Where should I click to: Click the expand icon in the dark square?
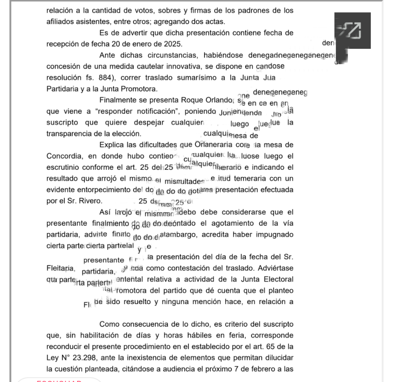point(352,30)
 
